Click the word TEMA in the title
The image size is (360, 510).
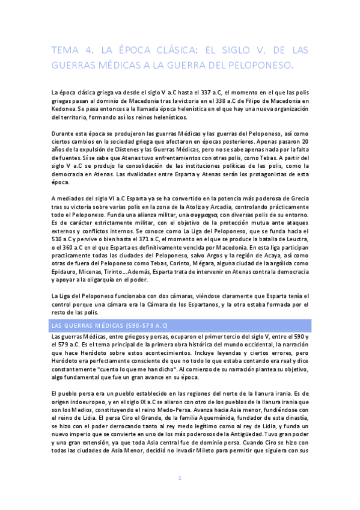click(63, 51)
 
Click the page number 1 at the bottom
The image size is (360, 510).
click(180, 494)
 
